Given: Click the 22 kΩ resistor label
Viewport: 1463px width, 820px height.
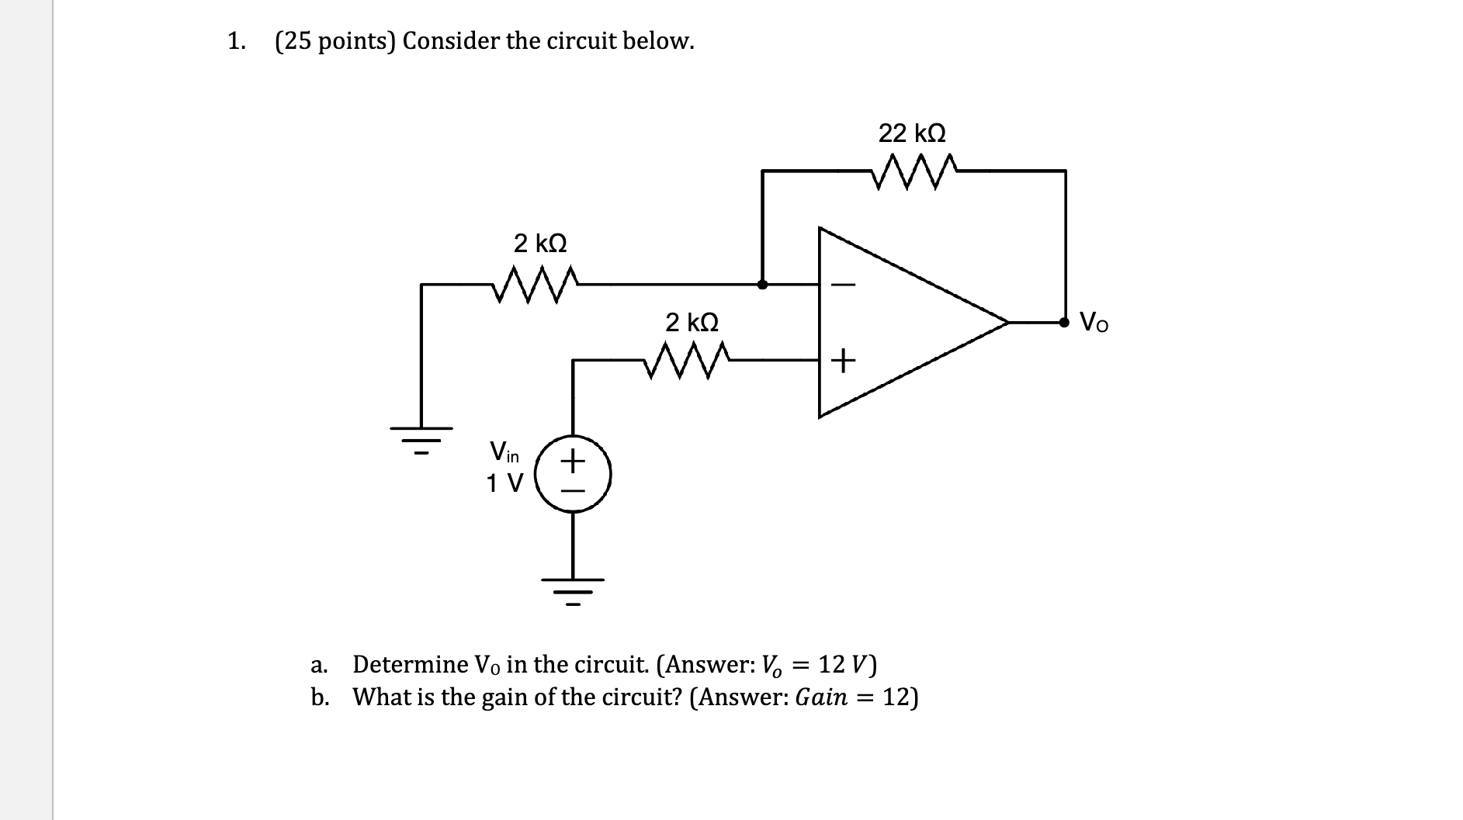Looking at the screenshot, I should click(912, 133).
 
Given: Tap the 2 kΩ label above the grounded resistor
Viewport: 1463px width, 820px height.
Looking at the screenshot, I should click(540, 244).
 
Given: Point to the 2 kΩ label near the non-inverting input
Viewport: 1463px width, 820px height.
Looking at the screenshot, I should click(692, 321).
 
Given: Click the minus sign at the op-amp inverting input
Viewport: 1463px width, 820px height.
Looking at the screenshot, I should click(844, 285).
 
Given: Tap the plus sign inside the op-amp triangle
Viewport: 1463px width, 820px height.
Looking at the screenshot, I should click(844, 360).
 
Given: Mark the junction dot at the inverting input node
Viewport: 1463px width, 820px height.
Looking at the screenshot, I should click(763, 285).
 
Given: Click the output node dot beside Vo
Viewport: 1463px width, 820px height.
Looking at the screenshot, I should click(1066, 321).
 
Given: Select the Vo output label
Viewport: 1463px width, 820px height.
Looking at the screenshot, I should click(1094, 321).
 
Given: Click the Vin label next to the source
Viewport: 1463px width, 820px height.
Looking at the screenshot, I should click(504, 451).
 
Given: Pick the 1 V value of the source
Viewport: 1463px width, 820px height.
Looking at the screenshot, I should click(504, 483).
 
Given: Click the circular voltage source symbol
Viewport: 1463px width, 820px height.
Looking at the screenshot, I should click(574, 474).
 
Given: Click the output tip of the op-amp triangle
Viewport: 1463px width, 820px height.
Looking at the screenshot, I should click(1006, 321).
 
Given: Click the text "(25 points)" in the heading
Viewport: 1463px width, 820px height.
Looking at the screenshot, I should click(335, 41).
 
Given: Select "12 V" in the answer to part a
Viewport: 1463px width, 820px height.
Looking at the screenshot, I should click(847, 665).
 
